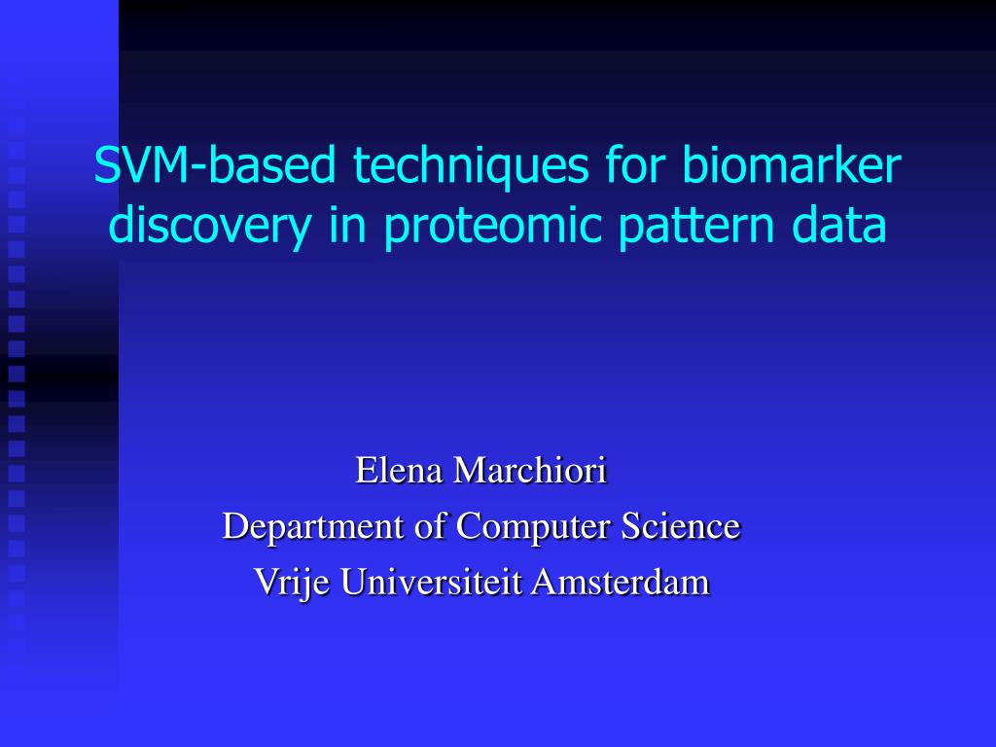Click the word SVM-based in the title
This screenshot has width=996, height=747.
[x=215, y=164]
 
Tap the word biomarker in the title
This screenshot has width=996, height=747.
[x=792, y=164]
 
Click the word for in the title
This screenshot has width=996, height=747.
[x=635, y=164]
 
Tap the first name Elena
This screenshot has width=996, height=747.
[x=399, y=471]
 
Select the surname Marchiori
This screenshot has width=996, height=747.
[x=530, y=471]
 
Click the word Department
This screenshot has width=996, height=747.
[x=313, y=527]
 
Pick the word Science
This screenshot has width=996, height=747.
[x=680, y=526]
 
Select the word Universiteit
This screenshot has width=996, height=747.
[x=431, y=582]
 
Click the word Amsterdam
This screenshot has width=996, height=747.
[x=621, y=582]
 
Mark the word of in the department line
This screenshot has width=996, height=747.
[x=430, y=526]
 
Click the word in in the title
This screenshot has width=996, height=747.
[x=348, y=225]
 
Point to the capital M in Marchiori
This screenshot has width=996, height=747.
[x=470, y=471]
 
